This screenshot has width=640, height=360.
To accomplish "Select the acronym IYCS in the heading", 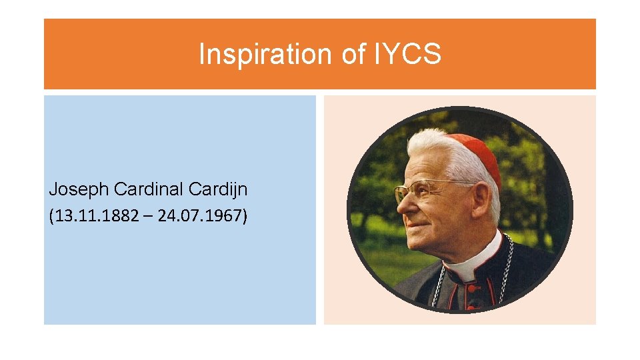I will [x=407, y=54].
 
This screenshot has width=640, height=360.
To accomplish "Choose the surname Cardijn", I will [x=218, y=189].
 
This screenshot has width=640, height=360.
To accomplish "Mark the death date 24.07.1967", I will [x=201, y=217].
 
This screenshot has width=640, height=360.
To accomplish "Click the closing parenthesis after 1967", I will [x=244, y=217].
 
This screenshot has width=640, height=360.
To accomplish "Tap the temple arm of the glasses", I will [x=447, y=183].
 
